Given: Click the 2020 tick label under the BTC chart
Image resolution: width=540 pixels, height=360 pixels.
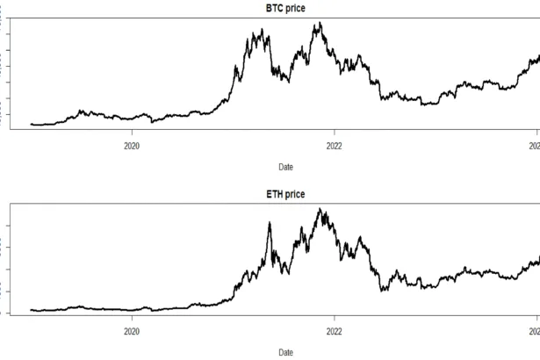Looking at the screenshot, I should pyautogui.click(x=132, y=147).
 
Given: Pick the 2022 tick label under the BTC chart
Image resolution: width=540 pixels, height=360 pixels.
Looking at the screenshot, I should pyautogui.click(x=335, y=147).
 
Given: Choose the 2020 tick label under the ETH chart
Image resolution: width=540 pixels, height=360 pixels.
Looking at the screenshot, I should pyautogui.click(x=132, y=332).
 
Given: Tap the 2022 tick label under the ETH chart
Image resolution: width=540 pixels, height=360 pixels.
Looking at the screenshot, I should pyautogui.click(x=335, y=332).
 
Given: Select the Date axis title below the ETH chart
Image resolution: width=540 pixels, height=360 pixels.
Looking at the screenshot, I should pyautogui.click(x=286, y=351).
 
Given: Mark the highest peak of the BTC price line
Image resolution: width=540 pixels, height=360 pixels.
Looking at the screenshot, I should pyautogui.click(x=319, y=23).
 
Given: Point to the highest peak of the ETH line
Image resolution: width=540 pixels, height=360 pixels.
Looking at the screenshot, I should pyautogui.click(x=320, y=209).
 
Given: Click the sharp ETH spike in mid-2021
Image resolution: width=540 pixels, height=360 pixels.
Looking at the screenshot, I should pyautogui.click(x=269, y=223).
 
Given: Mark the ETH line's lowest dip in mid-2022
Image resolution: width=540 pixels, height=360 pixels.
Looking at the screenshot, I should pyautogui.click(x=381, y=291).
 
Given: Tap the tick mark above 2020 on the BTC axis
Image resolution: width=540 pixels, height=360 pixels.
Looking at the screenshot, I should pyautogui.click(x=132, y=134).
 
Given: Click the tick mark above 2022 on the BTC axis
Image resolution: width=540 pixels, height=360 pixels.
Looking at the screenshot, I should pyautogui.click(x=335, y=134).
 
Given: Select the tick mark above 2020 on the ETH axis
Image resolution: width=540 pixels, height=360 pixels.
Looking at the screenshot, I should pyautogui.click(x=132, y=320).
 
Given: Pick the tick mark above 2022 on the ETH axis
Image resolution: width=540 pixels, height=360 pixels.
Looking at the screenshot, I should pyautogui.click(x=335, y=320).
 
